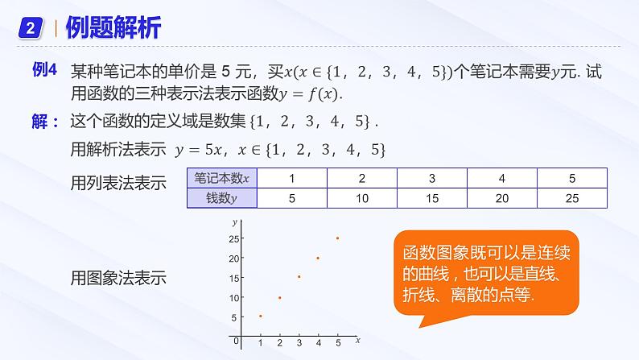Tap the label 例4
(x=43, y=72)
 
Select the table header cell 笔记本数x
(x=220, y=178)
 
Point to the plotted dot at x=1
(x=260, y=317)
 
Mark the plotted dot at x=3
(x=299, y=277)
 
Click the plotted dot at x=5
(x=337, y=238)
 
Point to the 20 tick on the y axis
(x=233, y=258)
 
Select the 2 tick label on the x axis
(x=279, y=343)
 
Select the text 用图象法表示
(x=119, y=279)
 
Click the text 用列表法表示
(x=119, y=183)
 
